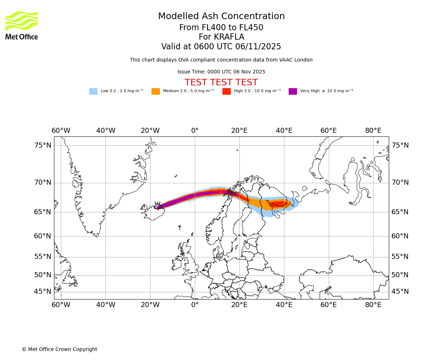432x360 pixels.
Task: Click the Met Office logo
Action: [x=22, y=25]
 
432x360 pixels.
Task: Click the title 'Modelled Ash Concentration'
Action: [x=221, y=17]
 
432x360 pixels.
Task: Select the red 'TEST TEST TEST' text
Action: [x=221, y=82]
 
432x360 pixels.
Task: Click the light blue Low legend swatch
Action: [x=93, y=91]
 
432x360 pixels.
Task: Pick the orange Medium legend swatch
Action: [x=156, y=91]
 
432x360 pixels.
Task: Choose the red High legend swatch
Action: [x=226, y=91]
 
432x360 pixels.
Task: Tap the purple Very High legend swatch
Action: [x=293, y=91]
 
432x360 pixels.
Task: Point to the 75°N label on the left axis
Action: [x=43, y=145]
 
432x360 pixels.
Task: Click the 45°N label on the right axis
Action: [x=400, y=292]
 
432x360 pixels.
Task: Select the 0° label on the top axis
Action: [x=195, y=130]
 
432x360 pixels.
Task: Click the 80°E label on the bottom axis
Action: [x=373, y=305]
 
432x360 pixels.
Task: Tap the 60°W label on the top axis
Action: [x=61, y=130]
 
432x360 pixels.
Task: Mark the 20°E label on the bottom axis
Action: [x=239, y=305]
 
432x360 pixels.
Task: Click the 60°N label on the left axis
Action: [x=43, y=236]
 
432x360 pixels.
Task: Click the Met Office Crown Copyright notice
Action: [x=59, y=349]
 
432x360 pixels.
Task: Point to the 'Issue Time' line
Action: [x=221, y=72]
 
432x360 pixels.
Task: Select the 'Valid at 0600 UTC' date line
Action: [x=221, y=47]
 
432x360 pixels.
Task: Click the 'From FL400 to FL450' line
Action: [x=221, y=28]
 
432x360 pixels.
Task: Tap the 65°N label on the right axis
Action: [x=400, y=212]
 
